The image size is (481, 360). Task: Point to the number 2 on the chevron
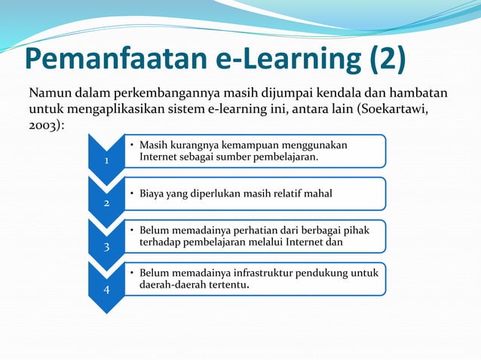[106, 204]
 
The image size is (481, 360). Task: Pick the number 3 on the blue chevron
[106, 247]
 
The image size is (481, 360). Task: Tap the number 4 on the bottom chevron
[106, 290]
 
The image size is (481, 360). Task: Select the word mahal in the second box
[317, 194]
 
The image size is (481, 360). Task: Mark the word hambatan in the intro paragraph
[420, 95]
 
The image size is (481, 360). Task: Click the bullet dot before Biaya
[132, 194]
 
